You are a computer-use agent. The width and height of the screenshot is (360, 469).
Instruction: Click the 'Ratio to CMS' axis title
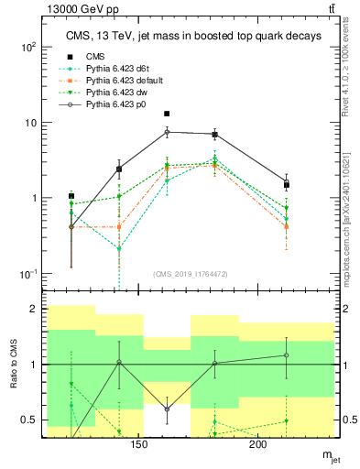pyautogui.click(x=13, y=364)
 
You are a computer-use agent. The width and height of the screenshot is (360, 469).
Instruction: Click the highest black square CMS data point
pyautogui.click(x=167, y=114)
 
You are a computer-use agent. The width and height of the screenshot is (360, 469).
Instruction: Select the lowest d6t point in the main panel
pyautogui.click(x=119, y=248)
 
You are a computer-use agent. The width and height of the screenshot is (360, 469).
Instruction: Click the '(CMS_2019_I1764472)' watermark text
pyautogui.click(x=191, y=274)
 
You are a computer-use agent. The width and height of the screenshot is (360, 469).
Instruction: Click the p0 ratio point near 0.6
pyautogui.click(x=167, y=409)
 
